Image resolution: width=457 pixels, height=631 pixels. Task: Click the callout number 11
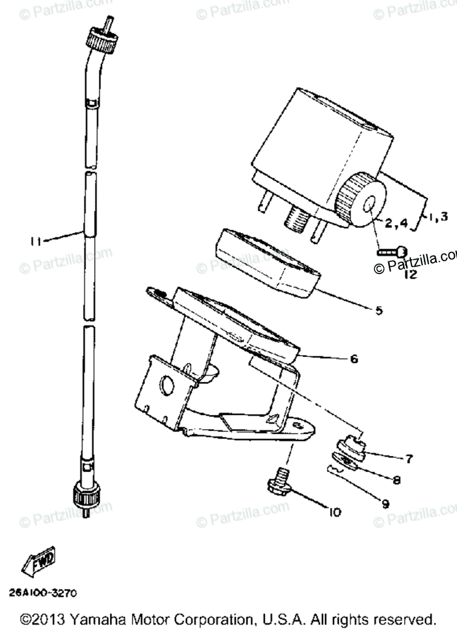(36, 241)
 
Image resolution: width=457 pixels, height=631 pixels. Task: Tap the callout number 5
(379, 310)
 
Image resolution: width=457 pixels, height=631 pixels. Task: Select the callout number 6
(354, 359)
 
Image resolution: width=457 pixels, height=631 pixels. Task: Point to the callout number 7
(409, 459)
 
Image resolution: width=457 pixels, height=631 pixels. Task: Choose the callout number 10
(335, 512)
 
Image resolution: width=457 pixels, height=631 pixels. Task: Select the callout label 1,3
(437, 216)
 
